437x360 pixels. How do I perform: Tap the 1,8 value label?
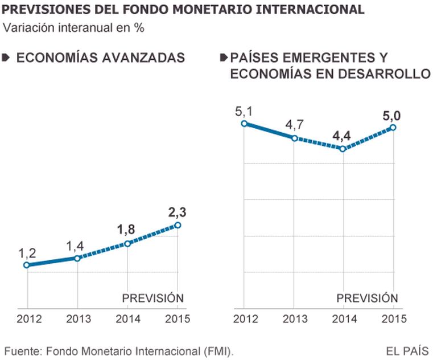127,230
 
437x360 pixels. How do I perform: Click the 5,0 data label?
392,116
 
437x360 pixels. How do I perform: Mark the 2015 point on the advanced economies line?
178,225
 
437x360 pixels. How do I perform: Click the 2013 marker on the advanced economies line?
77,259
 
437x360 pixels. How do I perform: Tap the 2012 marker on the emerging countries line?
244,123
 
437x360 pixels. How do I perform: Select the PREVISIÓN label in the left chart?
153,297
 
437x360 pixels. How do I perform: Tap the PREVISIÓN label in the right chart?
367,297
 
